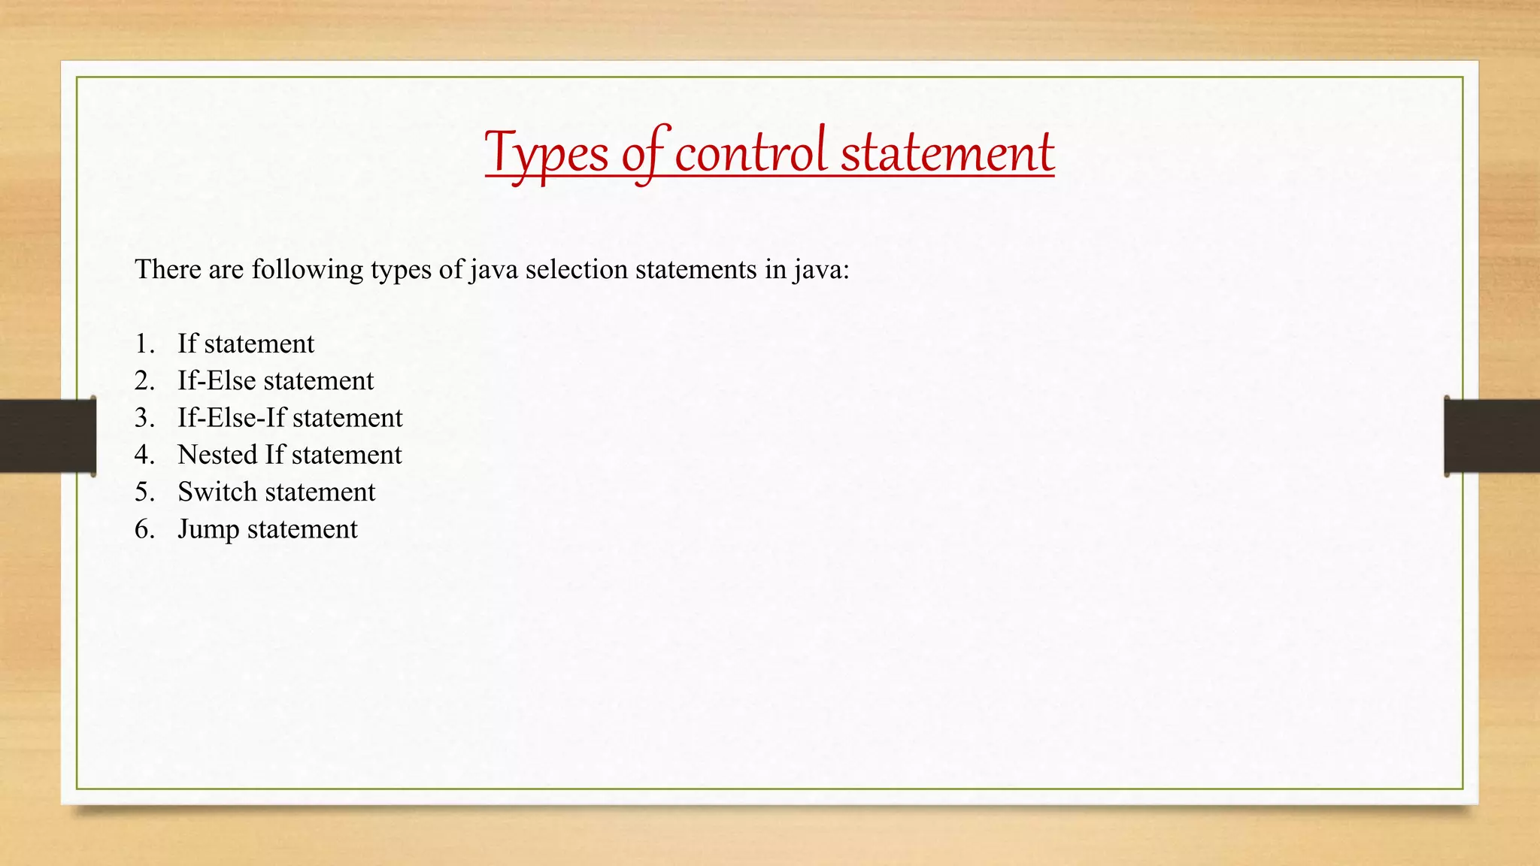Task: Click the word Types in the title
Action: coord(547,153)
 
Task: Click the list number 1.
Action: coord(144,344)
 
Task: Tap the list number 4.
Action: coord(144,455)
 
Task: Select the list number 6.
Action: coord(144,529)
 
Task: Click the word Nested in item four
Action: coord(217,455)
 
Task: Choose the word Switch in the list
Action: coord(217,492)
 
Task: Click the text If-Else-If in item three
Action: coord(232,418)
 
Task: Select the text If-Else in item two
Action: coord(217,380)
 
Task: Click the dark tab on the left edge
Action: coord(47,436)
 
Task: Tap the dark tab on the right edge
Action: coord(1492,436)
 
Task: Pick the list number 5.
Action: coord(144,492)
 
